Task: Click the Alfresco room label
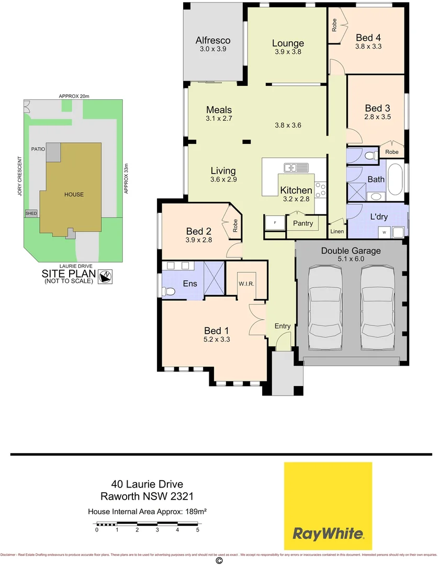213,40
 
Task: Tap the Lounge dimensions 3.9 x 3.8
288,52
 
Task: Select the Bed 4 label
368,38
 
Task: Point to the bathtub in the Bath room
395,179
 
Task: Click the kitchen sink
296,168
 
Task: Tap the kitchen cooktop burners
320,189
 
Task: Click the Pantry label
303,223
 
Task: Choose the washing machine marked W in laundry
385,232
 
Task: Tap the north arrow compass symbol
107,276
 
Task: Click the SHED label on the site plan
31,213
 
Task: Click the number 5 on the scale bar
198,530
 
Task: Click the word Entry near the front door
283,326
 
